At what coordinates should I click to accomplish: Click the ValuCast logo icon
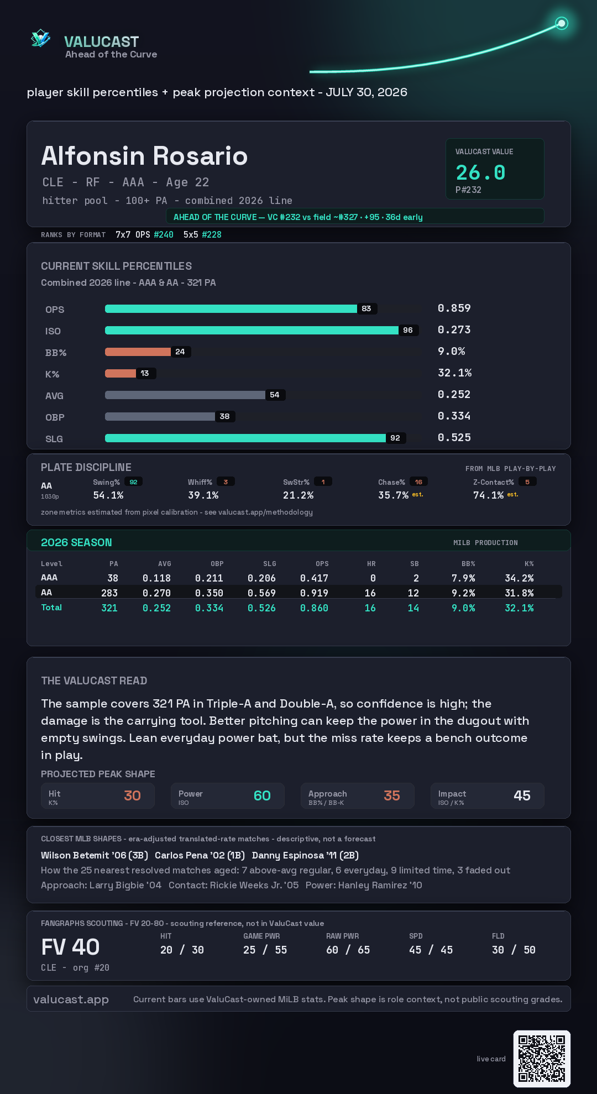(40, 39)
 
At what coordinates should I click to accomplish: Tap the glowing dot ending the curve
(562, 23)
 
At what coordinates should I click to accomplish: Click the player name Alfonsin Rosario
(144, 156)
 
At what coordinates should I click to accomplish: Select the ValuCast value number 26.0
(480, 172)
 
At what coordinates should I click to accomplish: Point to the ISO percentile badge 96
(408, 330)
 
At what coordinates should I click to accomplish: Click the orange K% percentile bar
(121, 373)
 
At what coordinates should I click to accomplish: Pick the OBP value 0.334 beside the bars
(454, 416)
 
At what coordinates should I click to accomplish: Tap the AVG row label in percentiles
(54, 396)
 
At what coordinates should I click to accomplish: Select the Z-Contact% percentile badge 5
(527, 482)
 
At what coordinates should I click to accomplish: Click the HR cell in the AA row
(370, 593)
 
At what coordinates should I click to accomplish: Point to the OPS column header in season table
(322, 564)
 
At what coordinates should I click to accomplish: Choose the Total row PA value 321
(109, 608)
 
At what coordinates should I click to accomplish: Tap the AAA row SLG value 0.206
(261, 578)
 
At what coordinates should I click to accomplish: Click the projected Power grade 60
(262, 795)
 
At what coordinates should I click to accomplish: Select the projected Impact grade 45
(522, 795)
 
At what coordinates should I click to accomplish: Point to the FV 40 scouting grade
(70, 947)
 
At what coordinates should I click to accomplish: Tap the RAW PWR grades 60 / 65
(348, 950)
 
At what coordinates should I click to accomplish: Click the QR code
(542, 1059)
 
